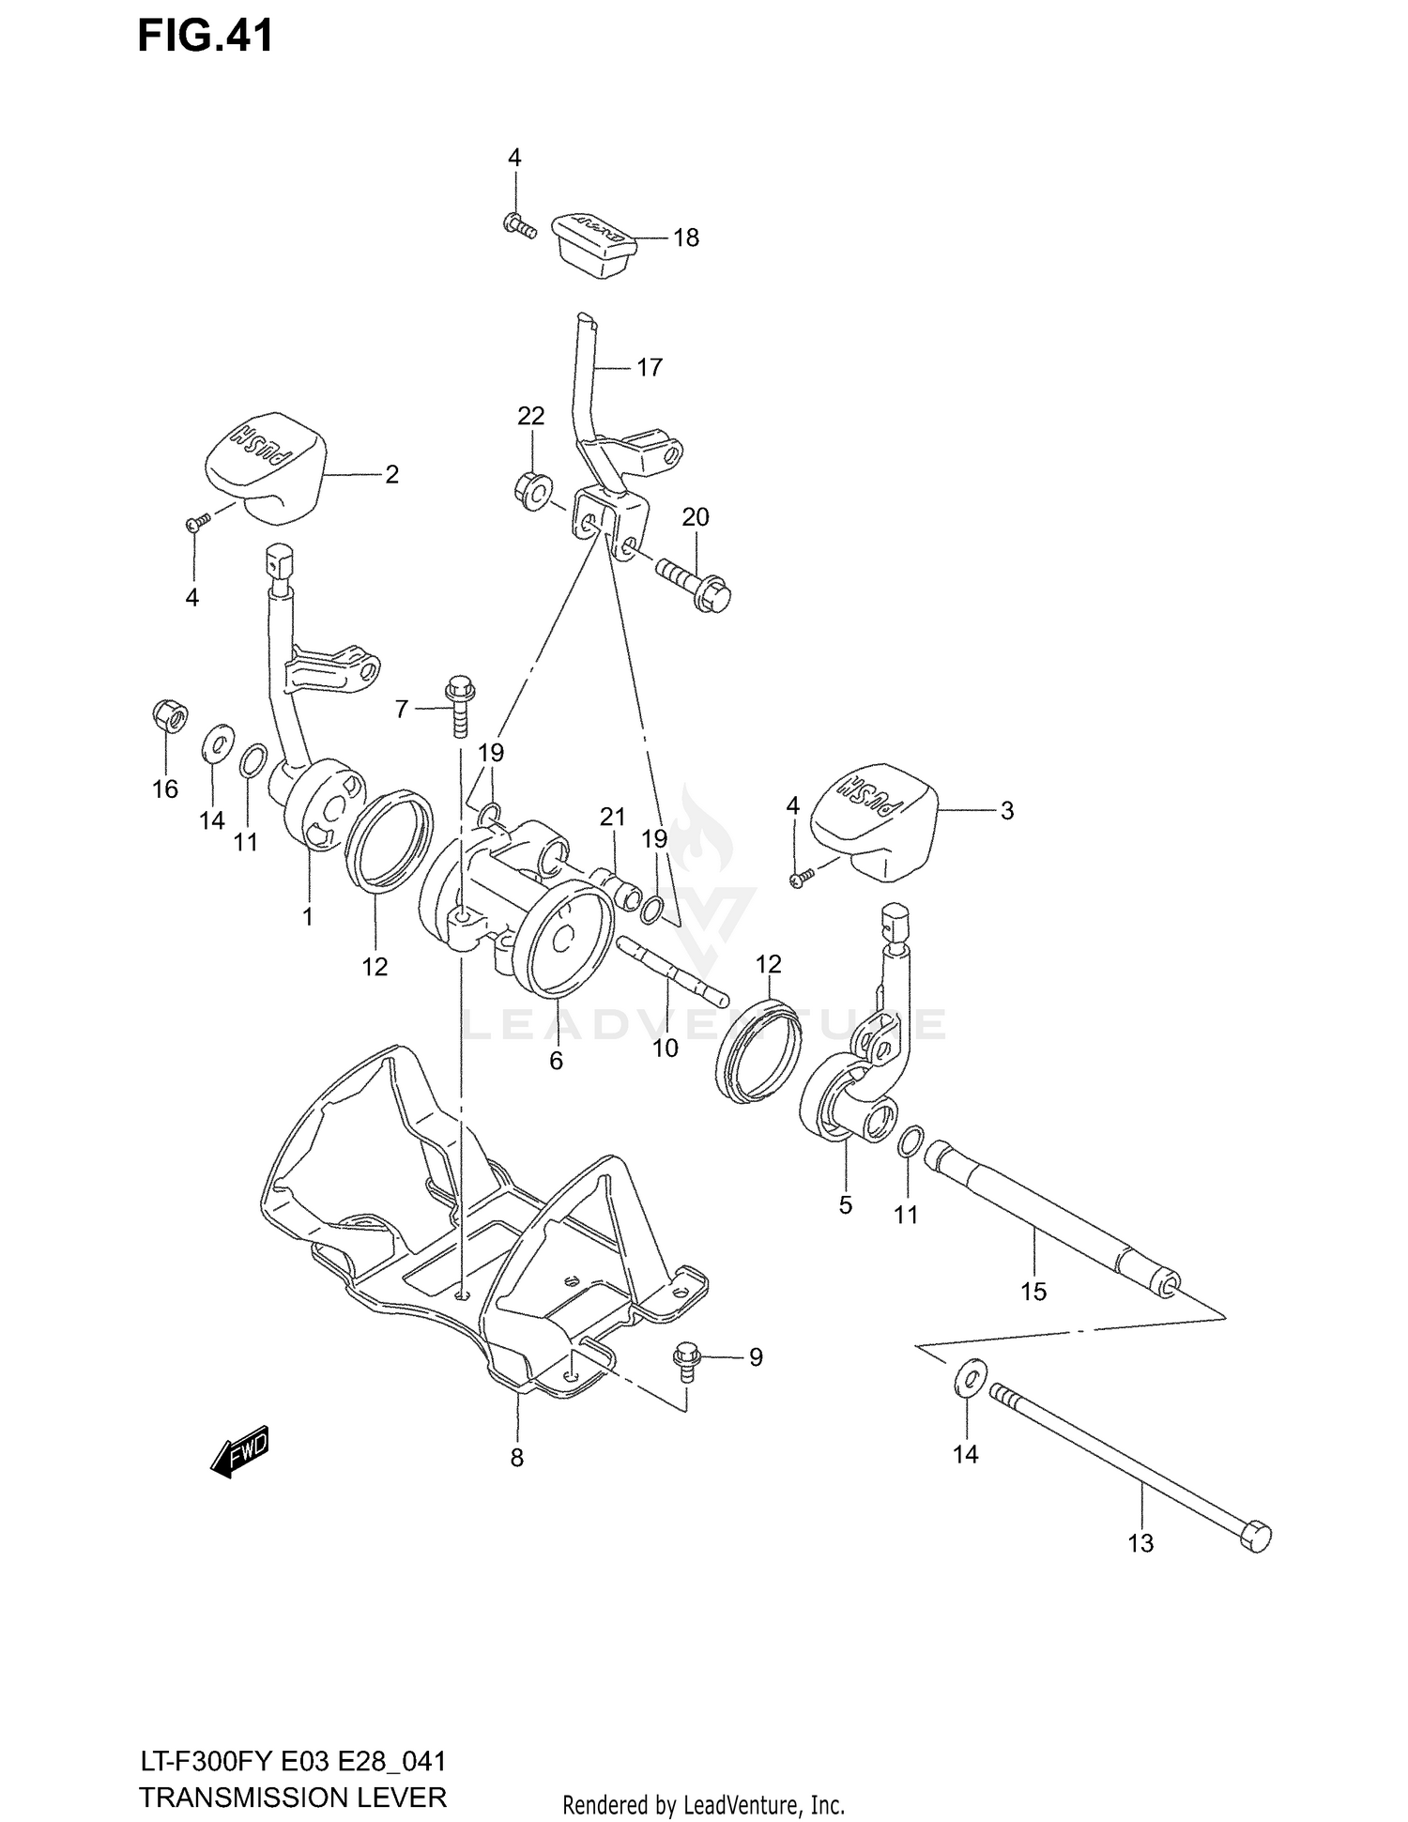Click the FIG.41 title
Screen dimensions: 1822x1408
[206, 36]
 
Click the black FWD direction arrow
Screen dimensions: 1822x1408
[239, 1453]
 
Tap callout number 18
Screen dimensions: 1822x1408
[686, 238]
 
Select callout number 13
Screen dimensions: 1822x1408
[1140, 1543]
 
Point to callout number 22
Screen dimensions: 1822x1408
[530, 416]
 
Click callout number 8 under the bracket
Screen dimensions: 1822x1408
[516, 1458]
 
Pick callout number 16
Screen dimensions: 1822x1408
[165, 789]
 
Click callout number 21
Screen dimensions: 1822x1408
[612, 818]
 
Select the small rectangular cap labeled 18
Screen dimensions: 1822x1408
[593, 242]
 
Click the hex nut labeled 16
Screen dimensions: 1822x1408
[168, 718]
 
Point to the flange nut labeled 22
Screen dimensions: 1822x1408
[532, 491]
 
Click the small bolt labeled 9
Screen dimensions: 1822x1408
[684, 1361]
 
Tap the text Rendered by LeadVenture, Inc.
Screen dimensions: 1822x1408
[703, 1804]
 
